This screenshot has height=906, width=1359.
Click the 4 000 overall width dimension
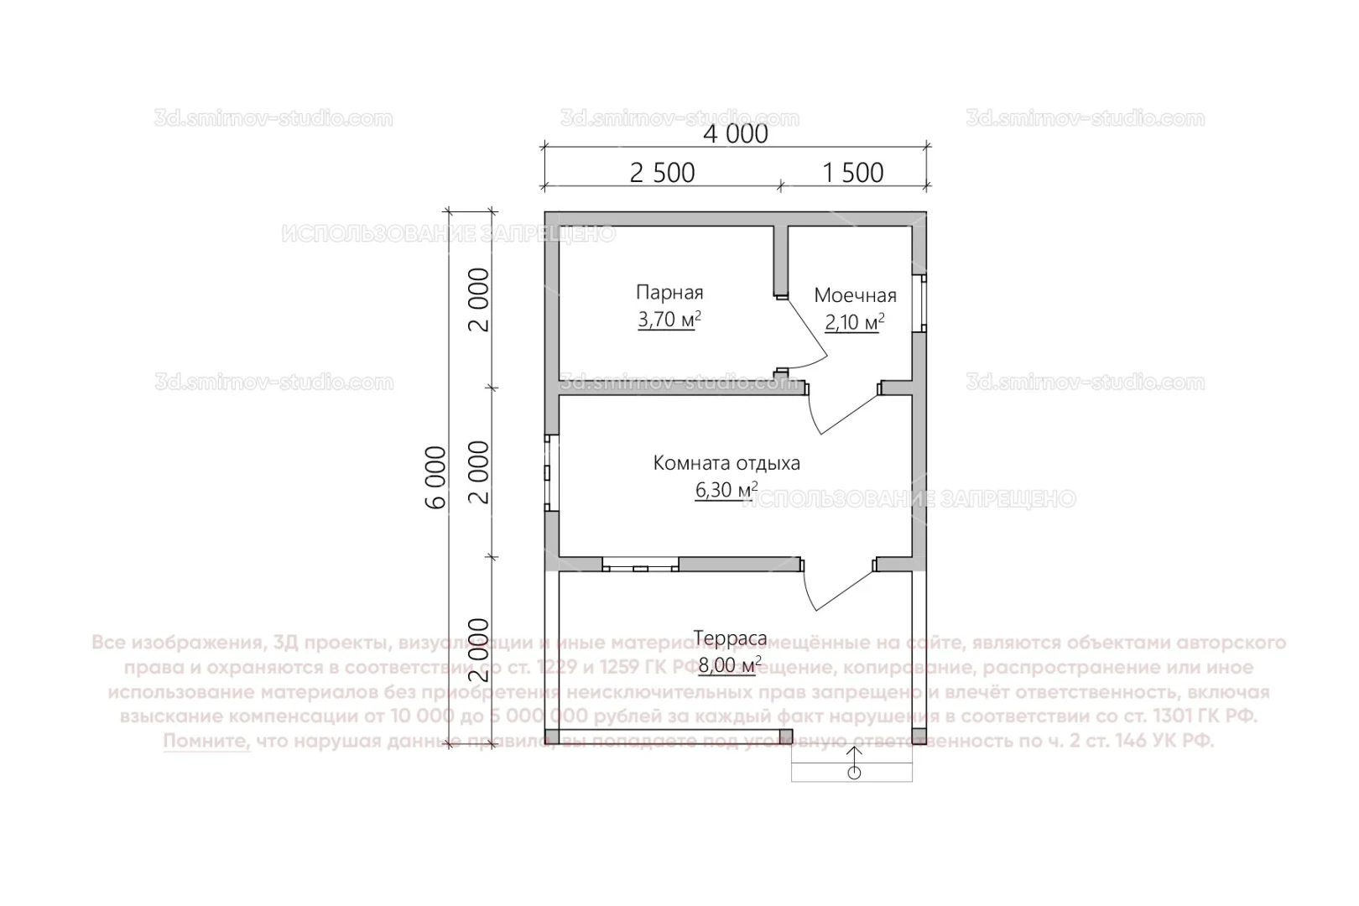click(735, 133)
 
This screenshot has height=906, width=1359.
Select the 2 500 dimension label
click(662, 173)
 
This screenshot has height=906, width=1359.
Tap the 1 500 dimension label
click(852, 173)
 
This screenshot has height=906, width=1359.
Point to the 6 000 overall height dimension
click(435, 477)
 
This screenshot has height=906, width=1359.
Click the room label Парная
click(669, 293)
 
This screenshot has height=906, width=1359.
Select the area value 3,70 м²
click(669, 320)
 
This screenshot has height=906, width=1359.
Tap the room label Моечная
click(855, 295)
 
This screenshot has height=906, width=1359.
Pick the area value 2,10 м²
click(855, 323)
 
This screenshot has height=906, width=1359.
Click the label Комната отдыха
click(726, 463)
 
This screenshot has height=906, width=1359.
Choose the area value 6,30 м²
click(726, 490)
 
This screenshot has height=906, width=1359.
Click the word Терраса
click(729, 638)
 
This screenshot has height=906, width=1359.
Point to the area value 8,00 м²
click(729, 665)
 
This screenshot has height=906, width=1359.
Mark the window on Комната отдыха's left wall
click(551, 472)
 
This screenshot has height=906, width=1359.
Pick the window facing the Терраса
click(640, 564)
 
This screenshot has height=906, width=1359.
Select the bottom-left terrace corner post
click(551, 737)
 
